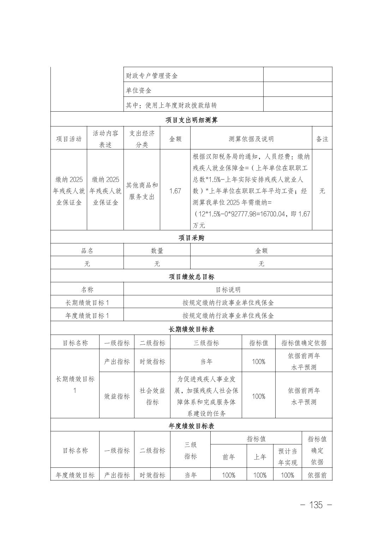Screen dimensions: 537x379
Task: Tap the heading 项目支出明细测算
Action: point(191,120)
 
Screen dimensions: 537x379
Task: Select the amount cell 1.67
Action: point(175,191)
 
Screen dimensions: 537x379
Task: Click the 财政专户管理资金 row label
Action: point(152,76)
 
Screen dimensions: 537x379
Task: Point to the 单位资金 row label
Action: point(139,90)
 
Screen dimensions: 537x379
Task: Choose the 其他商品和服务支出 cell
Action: point(142,191)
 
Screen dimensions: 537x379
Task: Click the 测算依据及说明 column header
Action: point(251,139)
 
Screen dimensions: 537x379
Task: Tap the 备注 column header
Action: point(322,139)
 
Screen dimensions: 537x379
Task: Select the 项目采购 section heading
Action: point(191,238)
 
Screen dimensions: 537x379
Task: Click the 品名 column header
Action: point(87,251)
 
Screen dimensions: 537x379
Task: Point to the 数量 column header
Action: point(157,251)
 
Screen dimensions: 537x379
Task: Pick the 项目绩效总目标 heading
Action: point(191,277)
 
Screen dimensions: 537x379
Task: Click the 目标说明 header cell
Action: point(228,290)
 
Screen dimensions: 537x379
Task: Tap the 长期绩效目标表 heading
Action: point(191,329)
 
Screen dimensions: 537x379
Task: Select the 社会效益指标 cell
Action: point(152,396)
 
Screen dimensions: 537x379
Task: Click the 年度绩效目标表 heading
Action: point(191,426)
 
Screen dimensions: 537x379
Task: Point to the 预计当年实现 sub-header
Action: point(288,457)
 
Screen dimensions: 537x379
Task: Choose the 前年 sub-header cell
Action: point(228,457)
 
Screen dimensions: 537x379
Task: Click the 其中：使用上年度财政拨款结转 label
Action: point(171,105)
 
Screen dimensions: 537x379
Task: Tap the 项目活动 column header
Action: point(69,139)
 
